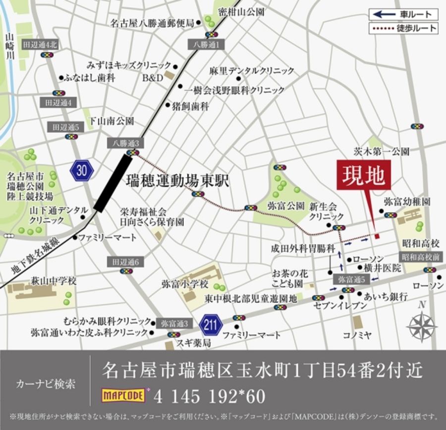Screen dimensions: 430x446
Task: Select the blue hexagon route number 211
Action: [211, 326]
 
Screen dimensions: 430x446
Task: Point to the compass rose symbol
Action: [422, 327]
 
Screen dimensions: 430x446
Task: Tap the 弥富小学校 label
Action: [185, 285]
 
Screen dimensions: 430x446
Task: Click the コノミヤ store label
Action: [357, 335]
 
